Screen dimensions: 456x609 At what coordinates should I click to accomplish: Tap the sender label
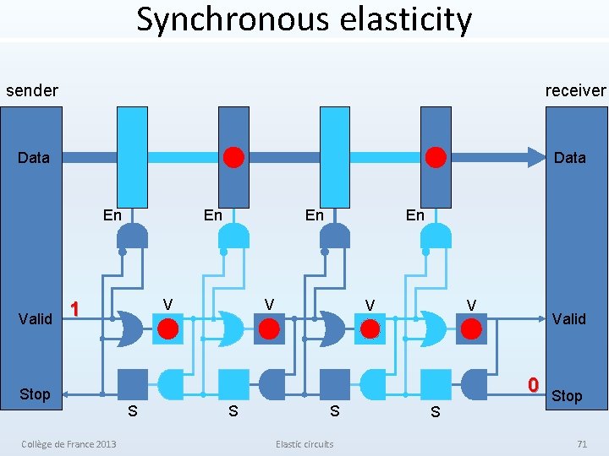(32, 90)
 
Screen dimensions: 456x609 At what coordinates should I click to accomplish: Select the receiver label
(575, 90)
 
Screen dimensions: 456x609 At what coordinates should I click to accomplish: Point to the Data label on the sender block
(34, 157)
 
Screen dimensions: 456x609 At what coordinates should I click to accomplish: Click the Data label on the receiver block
(569, 158)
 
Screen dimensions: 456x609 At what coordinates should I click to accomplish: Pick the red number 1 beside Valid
(75, 309)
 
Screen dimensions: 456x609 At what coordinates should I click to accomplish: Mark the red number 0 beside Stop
(533, 385)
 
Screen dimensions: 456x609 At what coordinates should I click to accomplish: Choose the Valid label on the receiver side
(568, 318)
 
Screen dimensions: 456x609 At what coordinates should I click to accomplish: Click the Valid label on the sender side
(36, 319)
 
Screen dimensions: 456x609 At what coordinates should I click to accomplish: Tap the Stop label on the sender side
(35, 394)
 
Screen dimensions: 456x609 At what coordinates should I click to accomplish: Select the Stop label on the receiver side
(567, 396)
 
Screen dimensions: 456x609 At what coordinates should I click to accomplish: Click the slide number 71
(581, 444)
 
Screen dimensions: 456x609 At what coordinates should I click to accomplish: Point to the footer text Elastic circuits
(304, 444)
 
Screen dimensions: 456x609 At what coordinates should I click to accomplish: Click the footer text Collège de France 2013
(69, 444)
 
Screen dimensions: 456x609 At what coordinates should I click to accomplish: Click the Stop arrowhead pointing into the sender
(69, 394)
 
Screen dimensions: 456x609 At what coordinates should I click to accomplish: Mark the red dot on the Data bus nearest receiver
(436, 157)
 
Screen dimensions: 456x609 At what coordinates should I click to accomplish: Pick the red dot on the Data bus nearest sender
(234, 157)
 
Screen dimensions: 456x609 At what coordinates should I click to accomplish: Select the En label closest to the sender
(112, 214)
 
